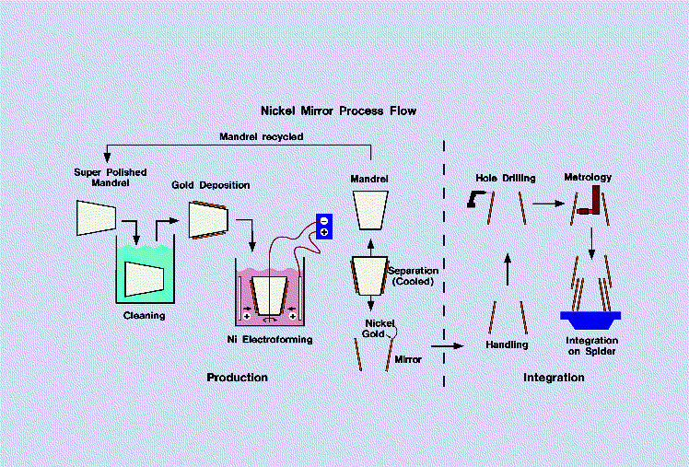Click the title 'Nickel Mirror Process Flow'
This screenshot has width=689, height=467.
pyautogui.click(x=338, y=111)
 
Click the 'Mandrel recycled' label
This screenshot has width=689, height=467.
pyautogui.click(x=261, y=136)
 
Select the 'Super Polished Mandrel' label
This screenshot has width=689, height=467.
pyautogui.click(x=109, y=178)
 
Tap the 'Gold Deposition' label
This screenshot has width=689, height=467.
pyautogui.click(x=210, y=185)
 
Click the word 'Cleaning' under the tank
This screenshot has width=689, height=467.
pyautogui.click(x=144, y=315)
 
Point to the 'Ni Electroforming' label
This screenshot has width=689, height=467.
pyautogui.click(x=270, y=339)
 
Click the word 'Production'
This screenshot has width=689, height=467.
pyautogui.click(x=237, y=378)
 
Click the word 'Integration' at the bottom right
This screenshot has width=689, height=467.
pyautogui.click(x=554, y=378)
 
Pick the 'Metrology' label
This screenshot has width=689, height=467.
pyautogui.click(x=588, y=177)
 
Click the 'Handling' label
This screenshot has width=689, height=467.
pyautogui.click(x=508, y=344)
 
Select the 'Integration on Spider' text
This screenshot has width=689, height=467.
pyautogui.click(x=591, y=347)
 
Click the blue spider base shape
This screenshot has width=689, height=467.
pyautogui.click(x=590, y=321)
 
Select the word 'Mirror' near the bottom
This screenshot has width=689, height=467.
pyautogui.click(x=409, y=359)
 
